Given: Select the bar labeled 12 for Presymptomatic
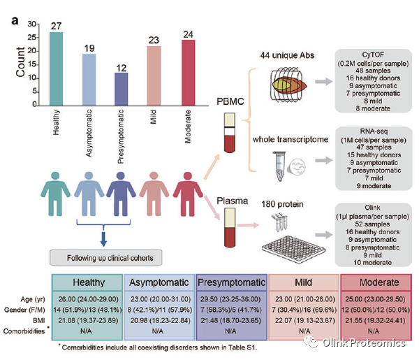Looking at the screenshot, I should (x=122, y=87).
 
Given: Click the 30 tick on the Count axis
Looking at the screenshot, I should (x=31, y=22).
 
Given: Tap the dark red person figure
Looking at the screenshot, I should (x=188, y=200).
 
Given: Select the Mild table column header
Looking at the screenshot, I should (x=304, y=282).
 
